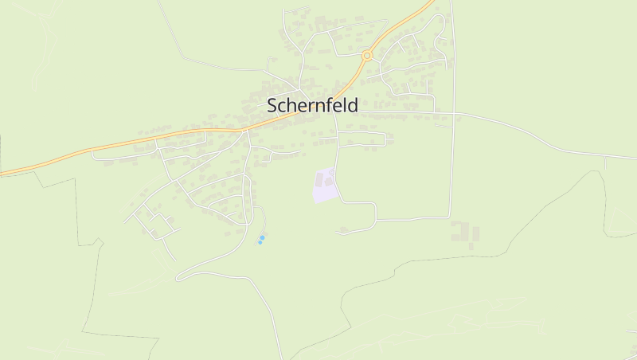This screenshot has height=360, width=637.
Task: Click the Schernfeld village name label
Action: click(312, 105)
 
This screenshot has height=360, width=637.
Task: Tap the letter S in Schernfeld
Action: click(272, 105)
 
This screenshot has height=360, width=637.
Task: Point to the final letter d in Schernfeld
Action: click(353, 104)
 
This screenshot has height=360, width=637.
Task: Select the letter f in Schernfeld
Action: click(327, 104)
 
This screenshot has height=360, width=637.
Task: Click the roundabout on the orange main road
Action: click(367, 56)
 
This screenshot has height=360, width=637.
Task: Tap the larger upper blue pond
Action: click(263, 237)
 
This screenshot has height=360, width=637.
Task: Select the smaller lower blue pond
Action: click(260, 242)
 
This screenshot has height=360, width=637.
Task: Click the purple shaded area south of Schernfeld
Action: click(323, 187)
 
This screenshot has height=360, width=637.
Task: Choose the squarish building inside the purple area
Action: click(329, 182)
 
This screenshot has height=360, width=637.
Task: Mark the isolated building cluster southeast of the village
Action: click(464, 233)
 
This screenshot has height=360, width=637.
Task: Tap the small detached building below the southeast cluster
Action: click(471, 246)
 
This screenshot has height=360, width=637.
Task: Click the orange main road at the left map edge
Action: click(2, 172)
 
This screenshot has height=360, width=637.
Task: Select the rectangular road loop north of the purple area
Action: click(361, 139)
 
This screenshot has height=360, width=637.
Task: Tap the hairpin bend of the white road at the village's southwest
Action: click(178, 277)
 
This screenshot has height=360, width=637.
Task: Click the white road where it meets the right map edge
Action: click(635, 158)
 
